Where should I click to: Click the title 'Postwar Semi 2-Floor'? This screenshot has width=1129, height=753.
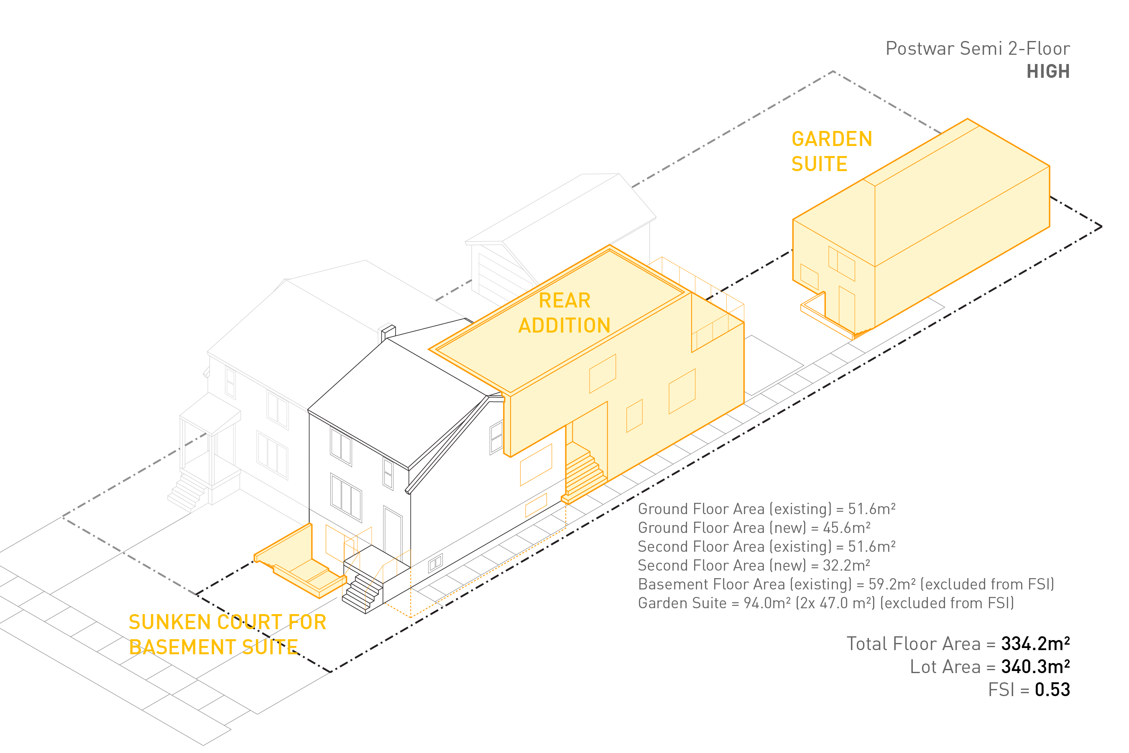point(977,49)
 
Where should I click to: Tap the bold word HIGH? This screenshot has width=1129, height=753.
point(1048,72)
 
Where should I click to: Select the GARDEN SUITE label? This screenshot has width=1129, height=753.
point(831,151)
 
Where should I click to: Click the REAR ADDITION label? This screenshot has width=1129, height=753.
point(564,312)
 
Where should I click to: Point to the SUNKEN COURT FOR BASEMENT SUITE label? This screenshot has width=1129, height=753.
point(227,634)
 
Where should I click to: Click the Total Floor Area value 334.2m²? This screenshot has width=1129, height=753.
point(1035,644)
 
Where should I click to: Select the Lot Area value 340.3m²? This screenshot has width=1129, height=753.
point(1035,667)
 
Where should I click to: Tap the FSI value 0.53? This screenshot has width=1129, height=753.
point(1052,690)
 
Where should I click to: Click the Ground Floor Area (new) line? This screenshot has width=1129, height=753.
point(754,528)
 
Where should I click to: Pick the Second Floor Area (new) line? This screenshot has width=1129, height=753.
point(754,565)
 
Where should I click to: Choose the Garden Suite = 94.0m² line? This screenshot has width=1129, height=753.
point(825,603)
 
